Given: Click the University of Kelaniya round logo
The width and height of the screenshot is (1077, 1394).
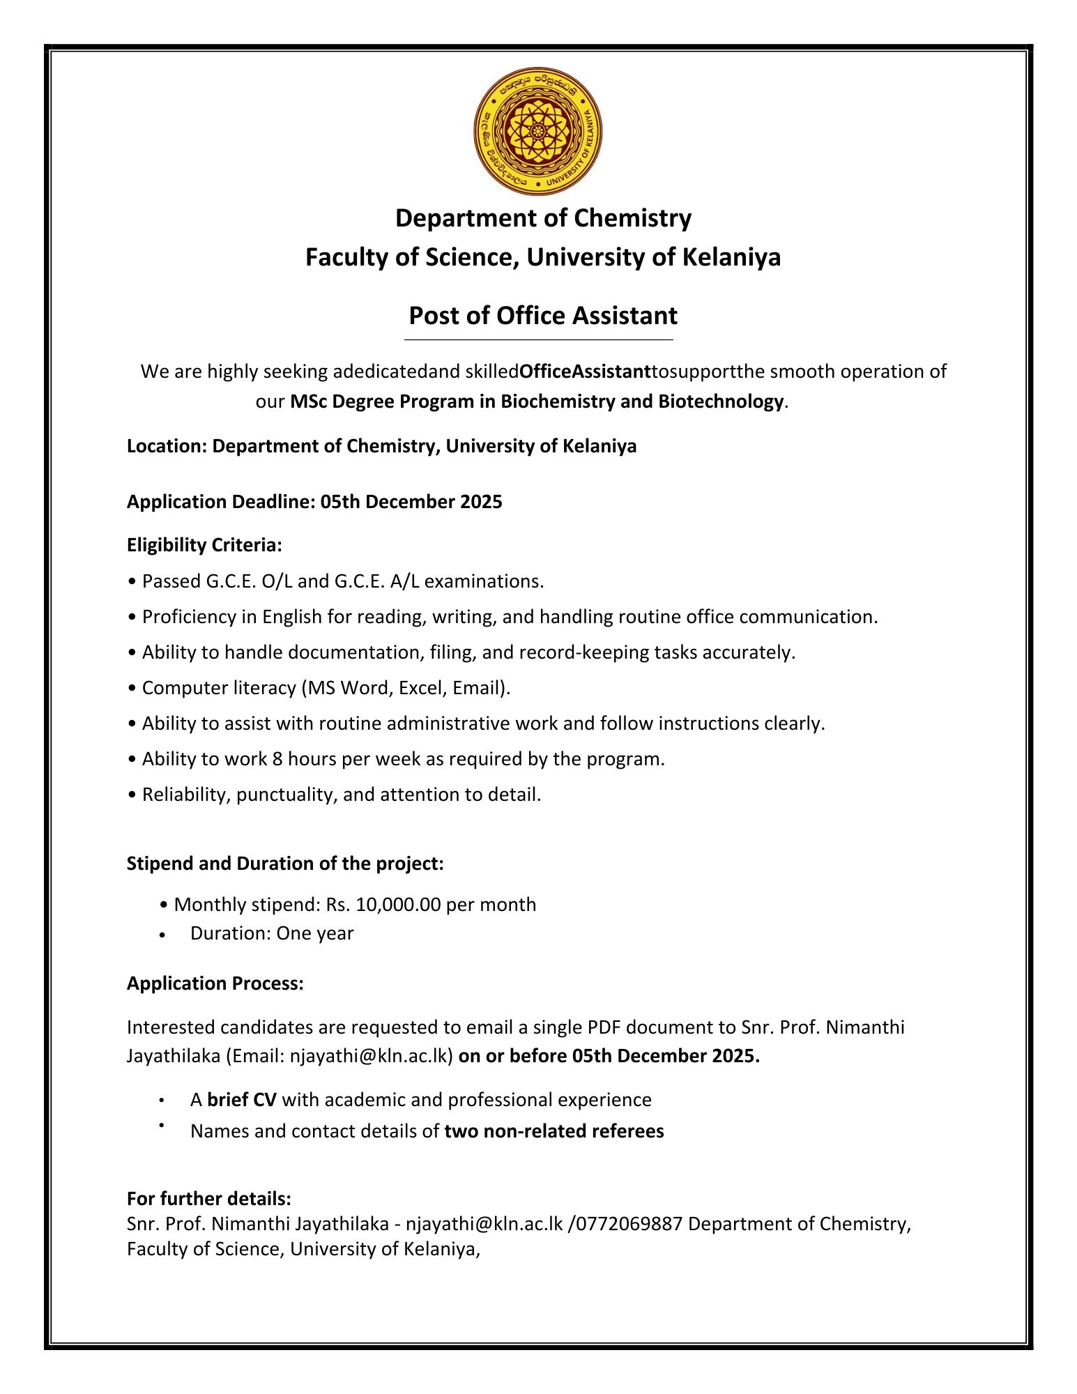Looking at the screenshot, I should [x=537, y=132].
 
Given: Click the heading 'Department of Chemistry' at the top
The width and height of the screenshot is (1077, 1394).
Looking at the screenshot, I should [x=543, y=218].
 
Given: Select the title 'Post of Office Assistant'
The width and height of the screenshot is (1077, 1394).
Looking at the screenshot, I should [x=542, y=316].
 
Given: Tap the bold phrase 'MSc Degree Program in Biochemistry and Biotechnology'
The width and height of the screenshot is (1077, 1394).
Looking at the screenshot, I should [x=537, y=401].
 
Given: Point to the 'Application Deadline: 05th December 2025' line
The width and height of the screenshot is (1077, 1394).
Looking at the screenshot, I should [x=314, y=502].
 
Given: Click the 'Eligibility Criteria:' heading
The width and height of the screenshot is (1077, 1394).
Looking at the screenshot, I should [x=204, y=545].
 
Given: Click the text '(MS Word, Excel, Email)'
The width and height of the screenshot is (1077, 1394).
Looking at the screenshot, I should [x=406, y=688].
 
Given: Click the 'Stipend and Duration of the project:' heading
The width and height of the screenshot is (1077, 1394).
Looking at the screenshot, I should [x=285, y=864].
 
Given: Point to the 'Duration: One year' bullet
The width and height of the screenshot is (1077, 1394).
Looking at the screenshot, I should [x=272, y=933].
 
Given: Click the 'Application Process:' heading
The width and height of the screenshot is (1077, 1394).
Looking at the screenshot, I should [x=215, y=983].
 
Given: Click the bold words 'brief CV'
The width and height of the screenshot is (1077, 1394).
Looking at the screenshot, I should [x=242, y=1100].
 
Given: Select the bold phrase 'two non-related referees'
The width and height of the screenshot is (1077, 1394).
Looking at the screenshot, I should [x=553, y=1131].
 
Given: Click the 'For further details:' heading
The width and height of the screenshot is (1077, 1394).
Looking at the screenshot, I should [x=209, y=1199].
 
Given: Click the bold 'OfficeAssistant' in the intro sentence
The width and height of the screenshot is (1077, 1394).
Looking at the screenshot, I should [x=586, y=372].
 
